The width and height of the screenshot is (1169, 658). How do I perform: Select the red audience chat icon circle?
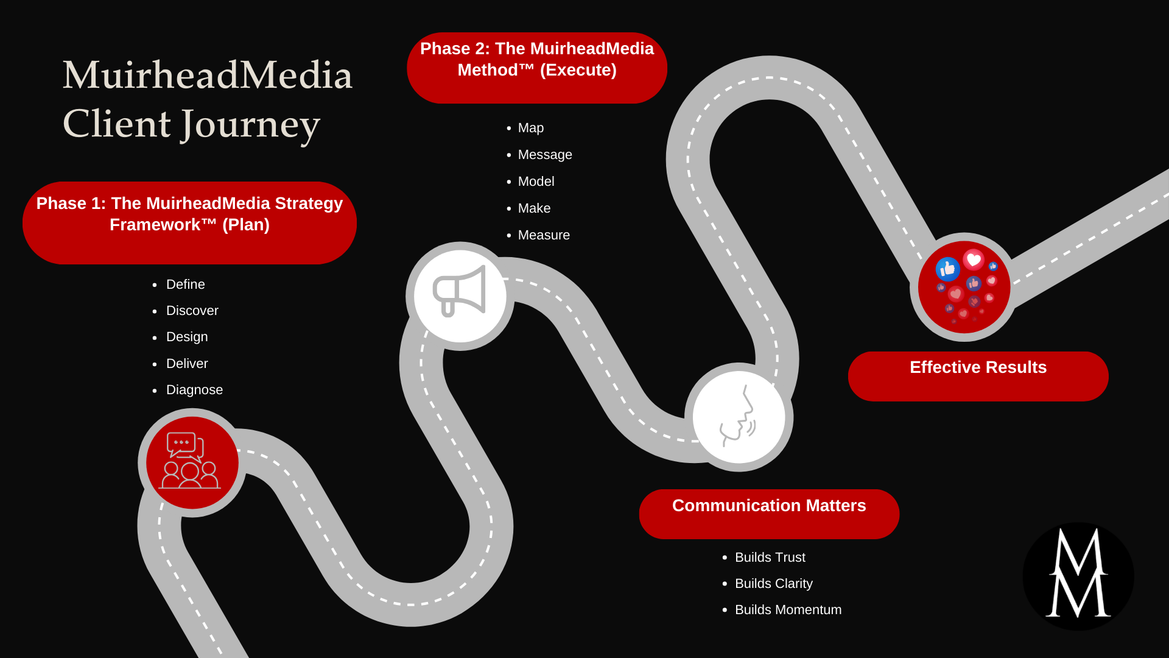[x=192, y=462]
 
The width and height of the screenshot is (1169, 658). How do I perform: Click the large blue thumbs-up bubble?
[x=947, y=269]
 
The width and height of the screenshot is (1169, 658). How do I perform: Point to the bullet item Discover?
[x=192, y=311]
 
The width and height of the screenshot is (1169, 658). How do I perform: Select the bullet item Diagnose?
[x=194, y=390]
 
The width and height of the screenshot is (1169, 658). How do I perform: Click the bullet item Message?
[x=544, y=155]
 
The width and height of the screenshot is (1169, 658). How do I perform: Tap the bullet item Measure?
[x=543, y=235]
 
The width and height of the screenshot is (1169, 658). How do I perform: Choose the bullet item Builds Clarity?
[x=773, y=584]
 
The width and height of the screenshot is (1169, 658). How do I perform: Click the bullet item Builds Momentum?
[x=788, y=610]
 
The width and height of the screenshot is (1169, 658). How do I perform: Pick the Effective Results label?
[x=978, y=367]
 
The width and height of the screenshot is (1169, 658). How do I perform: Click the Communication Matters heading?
[x=768, y=506]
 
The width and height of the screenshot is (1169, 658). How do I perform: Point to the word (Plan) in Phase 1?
[x=245, y=225]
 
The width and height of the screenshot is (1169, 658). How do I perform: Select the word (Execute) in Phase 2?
[x=578, y=70]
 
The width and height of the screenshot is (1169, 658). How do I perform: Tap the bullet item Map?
[x=530, y=128]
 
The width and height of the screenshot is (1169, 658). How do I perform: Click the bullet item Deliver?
[x=187, y=364]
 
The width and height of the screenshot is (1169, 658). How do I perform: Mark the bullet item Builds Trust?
[x=770, y=557]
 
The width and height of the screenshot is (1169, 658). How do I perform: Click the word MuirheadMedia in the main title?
[x=208, y=76]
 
